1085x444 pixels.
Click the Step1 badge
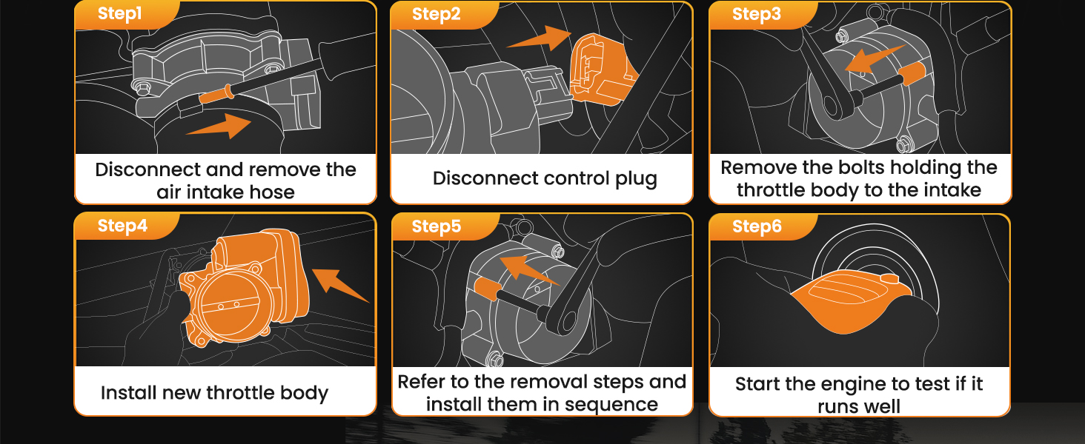coord(119,14)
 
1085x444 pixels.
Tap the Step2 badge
coord(436,14)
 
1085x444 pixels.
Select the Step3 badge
coord(756,14)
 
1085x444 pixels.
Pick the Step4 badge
coord(122,226)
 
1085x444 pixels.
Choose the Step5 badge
coord(436,226)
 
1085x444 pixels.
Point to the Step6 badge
coord(756,226)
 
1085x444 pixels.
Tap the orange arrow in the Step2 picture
coord(539,38)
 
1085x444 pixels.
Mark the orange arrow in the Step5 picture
coord(528,269)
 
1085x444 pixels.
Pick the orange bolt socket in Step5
coord(485,288)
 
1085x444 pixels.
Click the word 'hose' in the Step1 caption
coord(271,192)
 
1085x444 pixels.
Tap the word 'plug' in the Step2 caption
coord(636,179)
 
